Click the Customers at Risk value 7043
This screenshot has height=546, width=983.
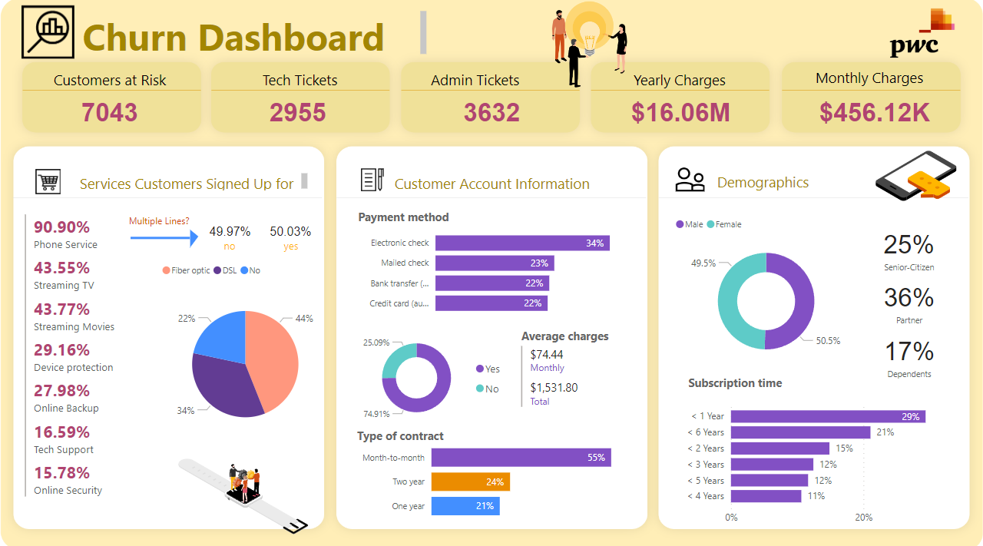coord(110,112)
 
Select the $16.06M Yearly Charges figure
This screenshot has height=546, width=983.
coord(680,112)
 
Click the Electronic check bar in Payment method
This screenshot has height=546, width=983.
coord(522,243)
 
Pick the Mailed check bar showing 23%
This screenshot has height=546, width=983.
coord(495,263)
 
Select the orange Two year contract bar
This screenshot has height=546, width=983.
coord(470,481)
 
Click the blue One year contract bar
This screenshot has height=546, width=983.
coord(465,506)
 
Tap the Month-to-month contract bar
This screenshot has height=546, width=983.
coord(521,457)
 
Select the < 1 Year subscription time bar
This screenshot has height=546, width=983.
coord(828,416)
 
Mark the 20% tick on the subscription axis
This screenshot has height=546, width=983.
coord(864,517)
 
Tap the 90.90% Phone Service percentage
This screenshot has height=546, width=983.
coord(61,227)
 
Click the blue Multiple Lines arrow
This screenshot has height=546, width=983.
coord(164,238)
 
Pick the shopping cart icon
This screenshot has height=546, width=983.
coord(48,182)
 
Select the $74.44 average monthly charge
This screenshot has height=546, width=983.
coord(547,354)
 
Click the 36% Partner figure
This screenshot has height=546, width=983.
coord(909,298)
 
